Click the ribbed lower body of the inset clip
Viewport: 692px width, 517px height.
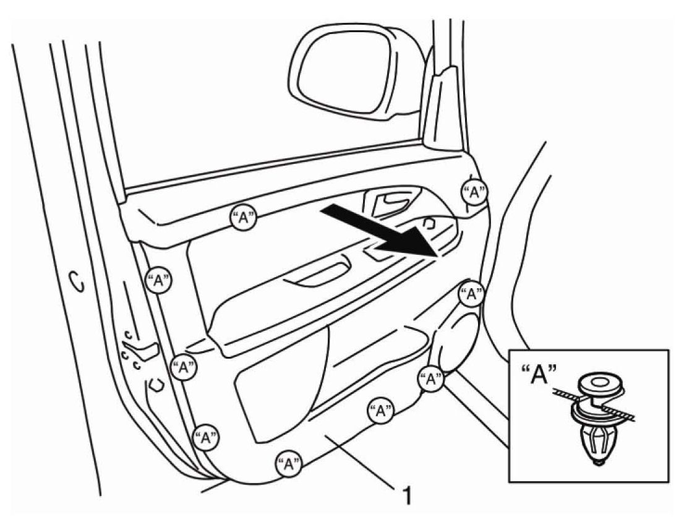pyautogui.click(x=597, y=442)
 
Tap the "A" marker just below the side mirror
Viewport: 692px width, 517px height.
pyautogui.click(x=474, y=192)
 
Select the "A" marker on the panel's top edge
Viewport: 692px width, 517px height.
pyautogui.click(x=244, y=218)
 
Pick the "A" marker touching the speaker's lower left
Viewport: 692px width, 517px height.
pyautogui.click(x=430, y=379)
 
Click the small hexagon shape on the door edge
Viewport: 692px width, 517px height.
pyautogui.click(x=156, y=385)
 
